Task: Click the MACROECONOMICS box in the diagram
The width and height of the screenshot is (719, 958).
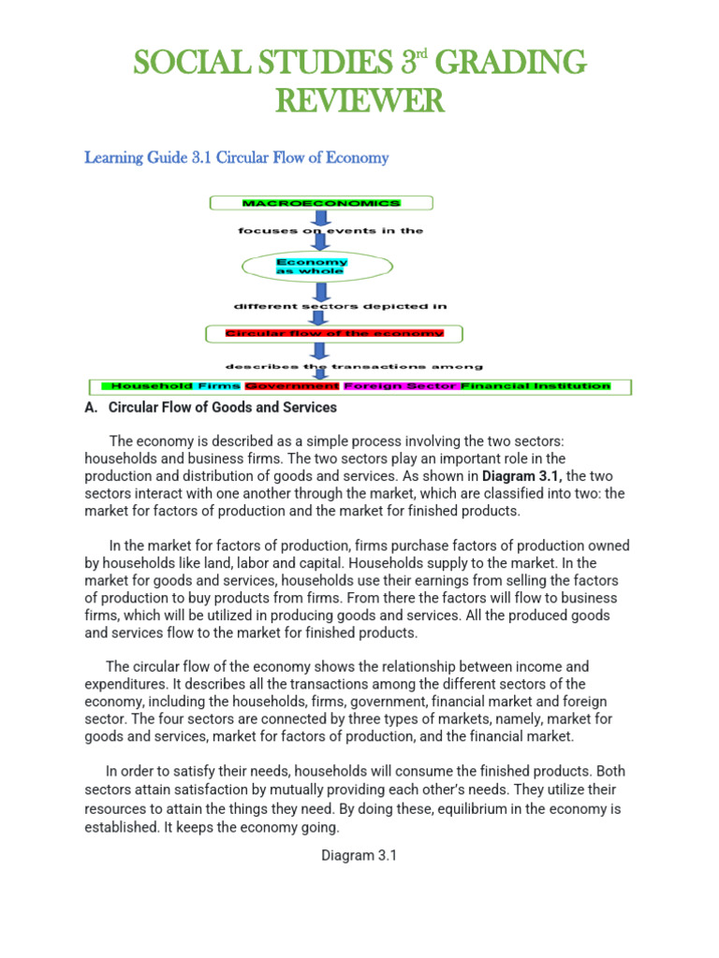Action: pyautogui.click(x=321, y=203)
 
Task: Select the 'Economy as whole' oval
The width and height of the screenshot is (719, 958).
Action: pyautogui.click(x=312, y=267)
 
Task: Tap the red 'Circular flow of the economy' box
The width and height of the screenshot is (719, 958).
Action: pyautogui.click(x=334, y=333)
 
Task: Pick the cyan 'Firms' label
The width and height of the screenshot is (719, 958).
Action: pyautogui.click(x=219, y=385)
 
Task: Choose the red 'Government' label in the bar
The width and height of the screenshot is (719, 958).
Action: pyautogui.click(x=291, y=385)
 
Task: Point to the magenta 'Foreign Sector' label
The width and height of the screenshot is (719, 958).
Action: pyautogui.click(x=401, y=385)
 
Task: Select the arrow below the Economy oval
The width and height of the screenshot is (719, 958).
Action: pyautogui.click(x=321, y=295)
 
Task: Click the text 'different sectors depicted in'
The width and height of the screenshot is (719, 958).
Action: pyautogui.click(x=340, y=306)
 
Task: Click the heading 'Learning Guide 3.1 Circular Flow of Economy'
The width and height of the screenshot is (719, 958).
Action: pyautogui.click(x=236, y=157)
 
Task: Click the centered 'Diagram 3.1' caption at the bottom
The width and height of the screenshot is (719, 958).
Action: pyautogui.click(x=359, y=855)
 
